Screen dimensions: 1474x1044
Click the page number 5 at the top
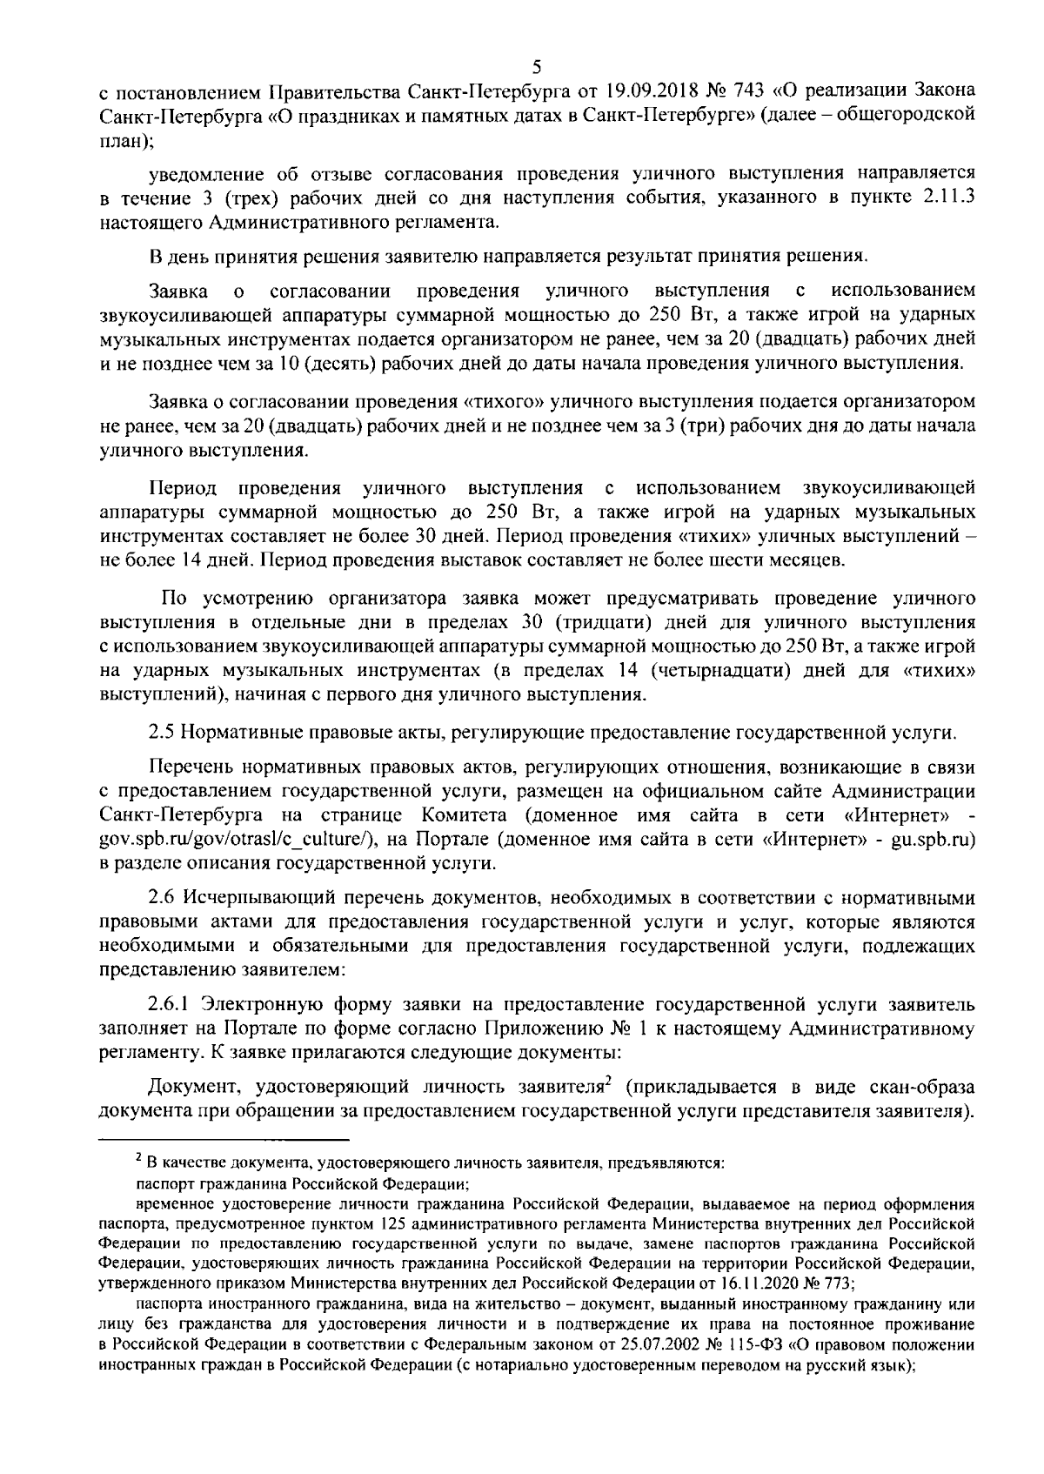click(536, 67)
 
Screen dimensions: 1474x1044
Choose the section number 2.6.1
click(169, 1004)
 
